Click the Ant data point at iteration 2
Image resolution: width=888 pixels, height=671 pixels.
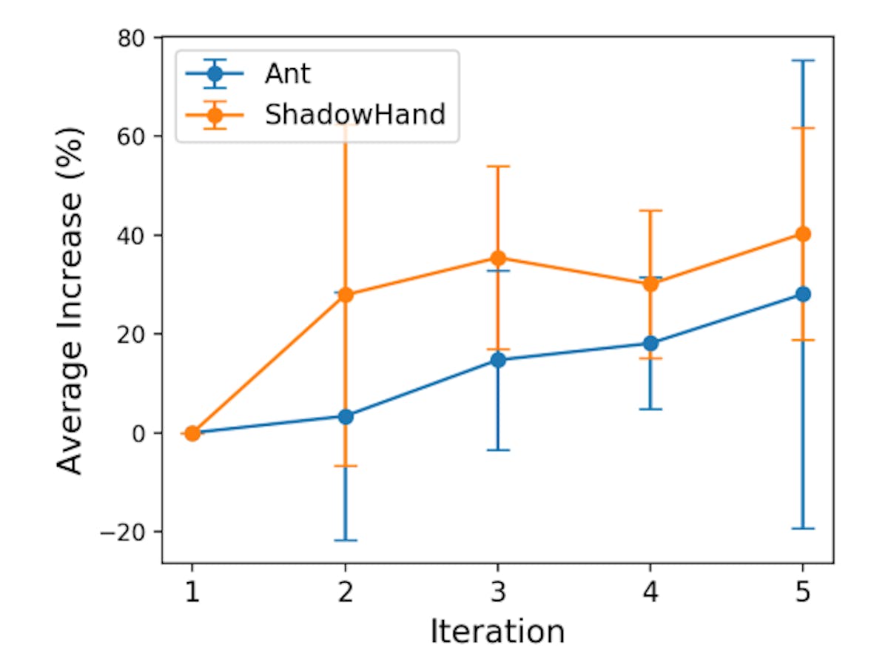(x=345, y=416)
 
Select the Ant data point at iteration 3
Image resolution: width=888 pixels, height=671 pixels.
(x=498, y=360)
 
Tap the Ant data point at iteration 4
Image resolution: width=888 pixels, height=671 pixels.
(x=650, y=343)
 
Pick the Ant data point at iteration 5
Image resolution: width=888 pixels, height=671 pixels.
(x=803, y=294)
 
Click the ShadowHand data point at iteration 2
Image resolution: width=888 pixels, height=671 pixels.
(x=345, y=295)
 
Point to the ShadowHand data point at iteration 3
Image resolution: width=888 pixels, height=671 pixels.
(x=498, y=258)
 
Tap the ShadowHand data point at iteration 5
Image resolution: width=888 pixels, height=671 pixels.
(x=803, y=234)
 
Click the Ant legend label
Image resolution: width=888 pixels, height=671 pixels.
(x=288, y=74)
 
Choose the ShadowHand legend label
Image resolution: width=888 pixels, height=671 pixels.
(x=354, y=115)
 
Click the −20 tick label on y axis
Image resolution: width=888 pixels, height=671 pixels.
(x=128, y=532)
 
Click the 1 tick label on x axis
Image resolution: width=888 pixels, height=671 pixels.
(x=192, y=592)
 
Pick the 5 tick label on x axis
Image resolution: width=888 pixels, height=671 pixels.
(x=803, y=592)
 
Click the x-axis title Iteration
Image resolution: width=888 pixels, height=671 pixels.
(x=497, y=632)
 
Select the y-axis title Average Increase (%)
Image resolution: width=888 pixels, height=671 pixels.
(x=71, y=300)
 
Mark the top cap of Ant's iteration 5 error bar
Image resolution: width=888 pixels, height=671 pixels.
(x=803, y=61)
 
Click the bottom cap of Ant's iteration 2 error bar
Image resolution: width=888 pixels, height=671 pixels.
(x=345, y=541)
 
